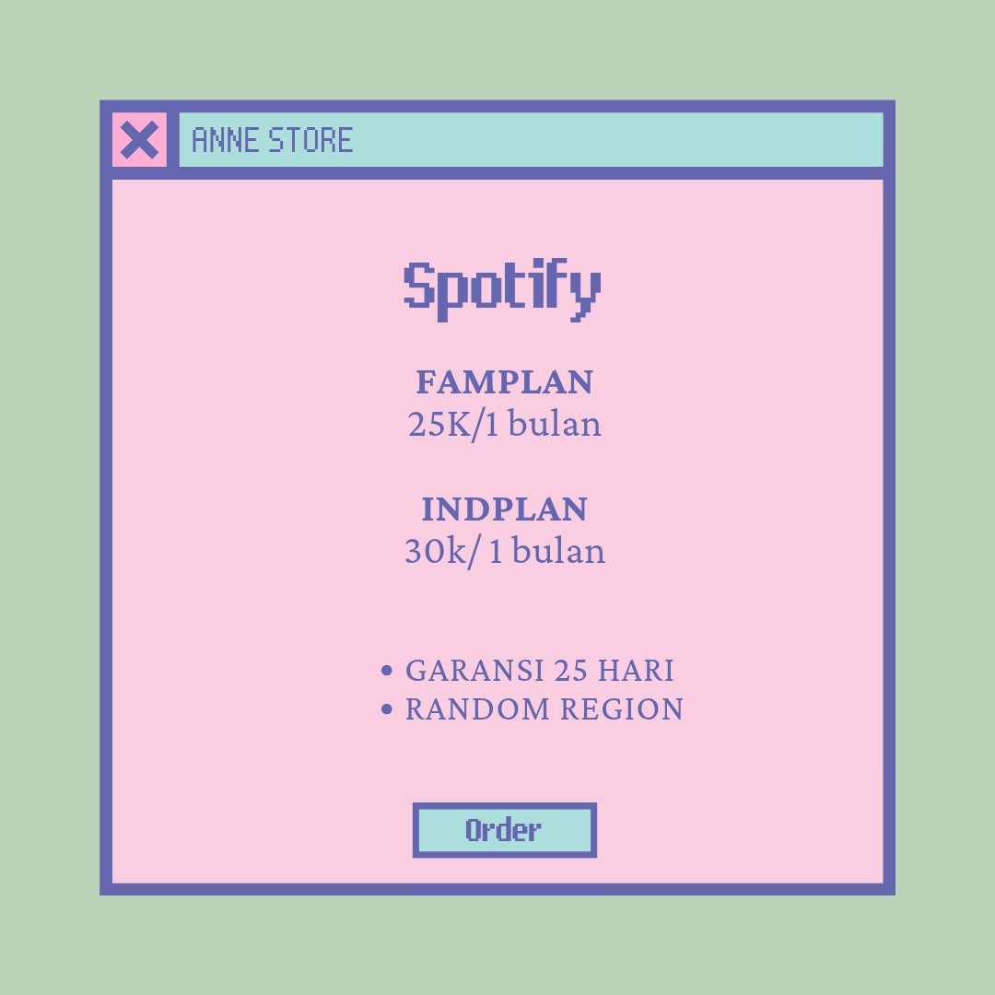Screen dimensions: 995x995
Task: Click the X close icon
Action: click(x=139, y=140)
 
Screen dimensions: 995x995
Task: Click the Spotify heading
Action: click(x=503, y=289)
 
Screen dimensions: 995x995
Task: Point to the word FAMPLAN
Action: click(x=505, y=381)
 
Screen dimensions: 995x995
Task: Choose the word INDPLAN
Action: click(x=505, y=509)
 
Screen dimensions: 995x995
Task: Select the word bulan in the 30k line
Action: click(x=558, y=552)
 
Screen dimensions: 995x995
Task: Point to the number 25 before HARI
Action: click(x=571, y=671)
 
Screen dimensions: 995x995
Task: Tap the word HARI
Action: click(x=636, y=671)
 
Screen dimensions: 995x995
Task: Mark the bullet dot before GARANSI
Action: click(x=387, y=671)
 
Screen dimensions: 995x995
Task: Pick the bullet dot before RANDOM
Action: click(x=387, y=709)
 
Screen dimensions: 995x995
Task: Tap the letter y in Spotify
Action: click(x=584, y=293)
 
